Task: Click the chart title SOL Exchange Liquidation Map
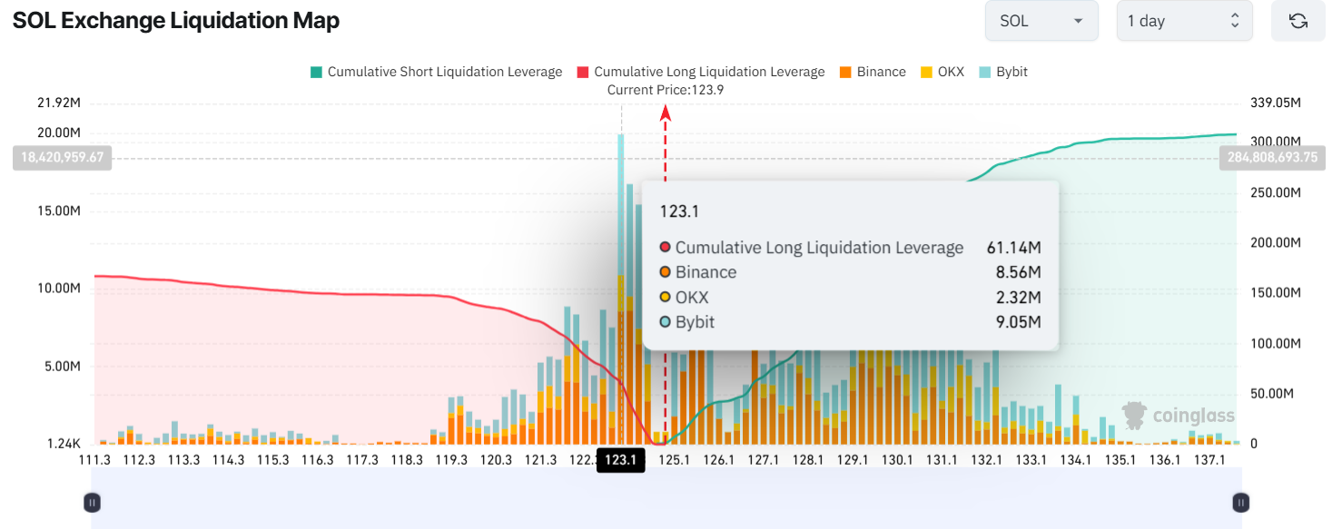click(x=176, y=21)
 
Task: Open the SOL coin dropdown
click(x=1041, y=21)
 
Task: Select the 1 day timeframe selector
click(x=1184, y=21)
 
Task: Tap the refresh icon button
click(x=1298, y=21)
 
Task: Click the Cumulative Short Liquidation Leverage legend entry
click(x=436, y=72)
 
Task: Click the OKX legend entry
click(x=943, y=72)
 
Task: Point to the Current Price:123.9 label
click(x=665, y=90)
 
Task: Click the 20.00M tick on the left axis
click(x=59, y=132)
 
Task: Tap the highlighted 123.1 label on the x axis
click(x=621, y=461)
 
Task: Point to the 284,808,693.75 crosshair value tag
click(x=1271, y=158)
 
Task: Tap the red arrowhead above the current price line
click(x=666, y=113)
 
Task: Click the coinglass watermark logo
click(x=1179, y=416)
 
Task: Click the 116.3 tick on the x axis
click(x=318, y=460)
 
